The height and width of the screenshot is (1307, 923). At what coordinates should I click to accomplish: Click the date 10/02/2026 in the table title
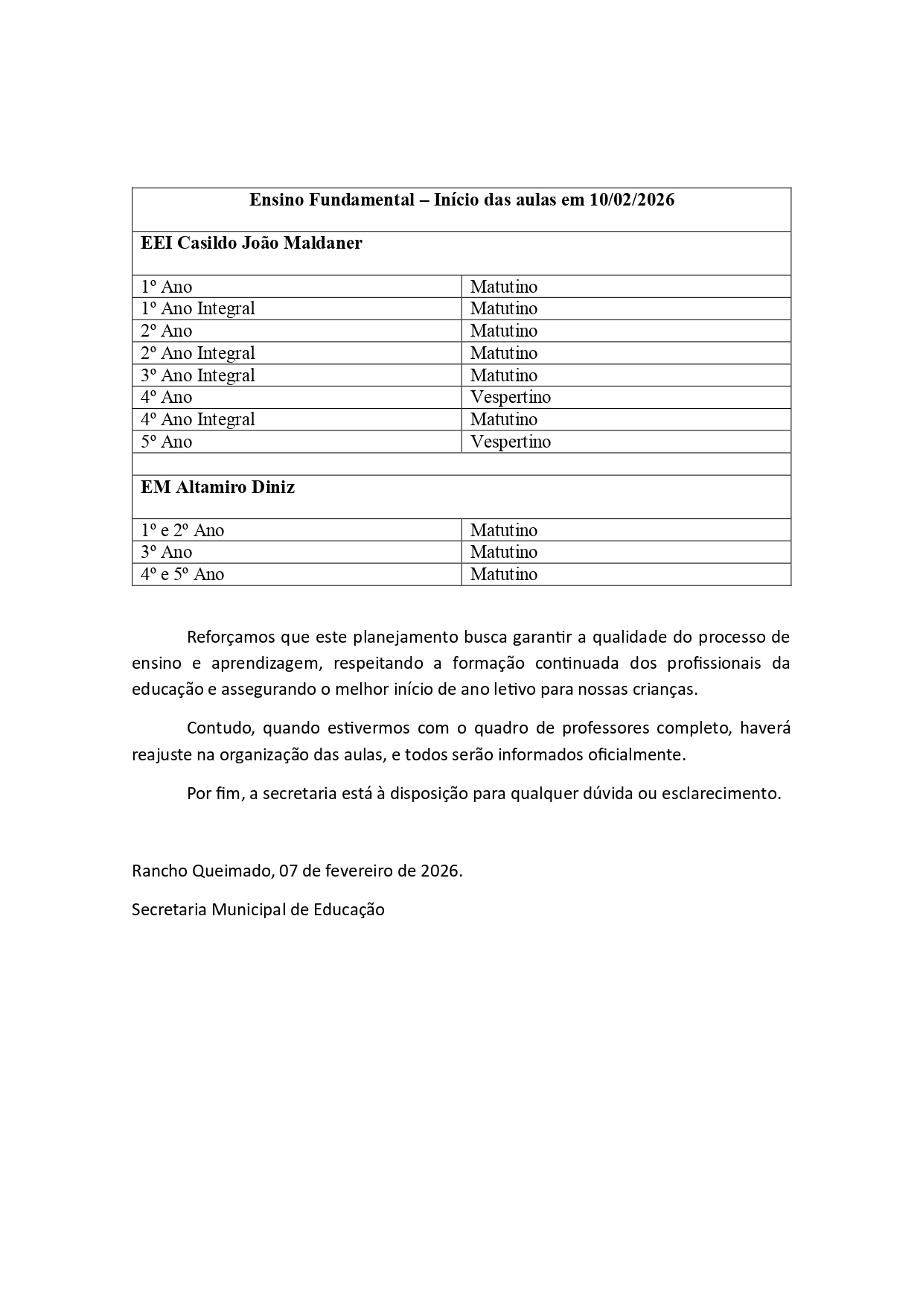pos(632,200)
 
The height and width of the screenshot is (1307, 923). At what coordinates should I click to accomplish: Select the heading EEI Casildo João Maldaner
pos(252,244)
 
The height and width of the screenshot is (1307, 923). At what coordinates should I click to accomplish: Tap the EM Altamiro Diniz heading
pos(217,487)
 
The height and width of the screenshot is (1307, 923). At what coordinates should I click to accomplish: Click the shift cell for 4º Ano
pos(511,397)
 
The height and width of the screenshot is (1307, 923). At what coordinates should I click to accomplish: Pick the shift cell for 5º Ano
pos(511,442)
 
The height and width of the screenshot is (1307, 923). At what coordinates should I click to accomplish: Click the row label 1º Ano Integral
pos(198,308)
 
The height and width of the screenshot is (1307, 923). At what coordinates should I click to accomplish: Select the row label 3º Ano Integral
pos(198,375)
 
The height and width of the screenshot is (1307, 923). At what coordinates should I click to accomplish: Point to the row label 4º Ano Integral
pos(198,419)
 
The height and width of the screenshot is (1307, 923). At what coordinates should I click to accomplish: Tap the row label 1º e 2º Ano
pos(182,530)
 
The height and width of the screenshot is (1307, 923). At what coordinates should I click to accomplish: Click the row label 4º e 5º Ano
pos(182,574)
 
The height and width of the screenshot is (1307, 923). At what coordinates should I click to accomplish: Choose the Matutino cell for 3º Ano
pos(504,552)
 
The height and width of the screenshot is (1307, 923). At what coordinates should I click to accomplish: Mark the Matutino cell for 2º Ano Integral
pos(504,353)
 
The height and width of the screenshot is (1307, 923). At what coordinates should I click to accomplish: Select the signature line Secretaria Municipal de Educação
pos(258,909)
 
